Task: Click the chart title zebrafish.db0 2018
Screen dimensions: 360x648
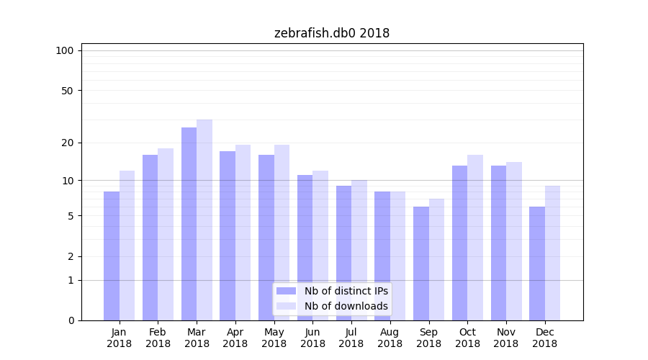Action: [x=332, y=33]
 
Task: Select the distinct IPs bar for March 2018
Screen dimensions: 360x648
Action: [x=189, y=224]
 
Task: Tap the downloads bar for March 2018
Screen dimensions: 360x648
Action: [x=204, y=220]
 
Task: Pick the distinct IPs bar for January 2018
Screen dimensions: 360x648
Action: [x=112, y=256]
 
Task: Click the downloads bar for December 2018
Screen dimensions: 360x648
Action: [x=552, y=253]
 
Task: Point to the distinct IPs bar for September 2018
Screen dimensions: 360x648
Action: [x=421, y=264]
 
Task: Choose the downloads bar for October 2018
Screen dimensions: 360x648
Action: [x=475, y=238]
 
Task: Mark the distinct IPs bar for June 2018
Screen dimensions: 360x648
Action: [x=305, y=248]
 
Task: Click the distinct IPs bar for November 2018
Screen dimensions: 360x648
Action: [x=498, y=243]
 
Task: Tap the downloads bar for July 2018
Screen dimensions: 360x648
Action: [x=359, y=250]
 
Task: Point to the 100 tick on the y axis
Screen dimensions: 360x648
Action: [x=65, y=50]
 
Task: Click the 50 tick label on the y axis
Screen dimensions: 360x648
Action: [x=67, y=91]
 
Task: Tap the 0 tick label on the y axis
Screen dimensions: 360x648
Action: [x=71, y=320]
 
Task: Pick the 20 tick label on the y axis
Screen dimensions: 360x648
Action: [x=67, y=143]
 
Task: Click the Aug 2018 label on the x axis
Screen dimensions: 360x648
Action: [x=390, y=338]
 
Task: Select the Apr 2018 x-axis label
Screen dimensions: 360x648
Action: [x=235, y=338]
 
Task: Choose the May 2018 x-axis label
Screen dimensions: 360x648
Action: [x=274, y=338]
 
